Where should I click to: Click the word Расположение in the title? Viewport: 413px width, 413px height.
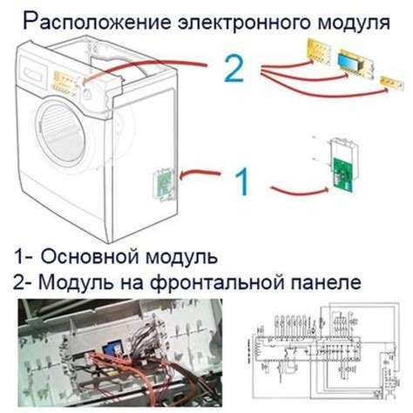tap(85, 18)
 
